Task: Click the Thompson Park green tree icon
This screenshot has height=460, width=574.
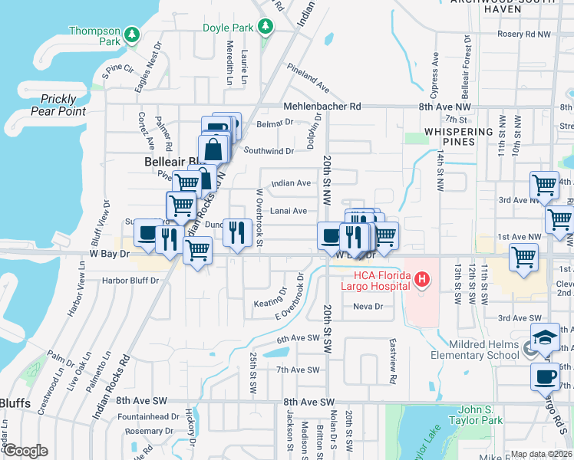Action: point(132,34)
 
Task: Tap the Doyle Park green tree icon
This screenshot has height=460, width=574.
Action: point(265,28)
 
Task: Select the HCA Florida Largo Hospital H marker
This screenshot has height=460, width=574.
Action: point(421,281)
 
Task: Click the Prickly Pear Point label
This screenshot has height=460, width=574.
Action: point(58,105)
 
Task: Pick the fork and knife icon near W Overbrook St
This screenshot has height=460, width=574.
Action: point(238,232)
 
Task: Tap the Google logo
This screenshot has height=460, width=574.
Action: point(25,450)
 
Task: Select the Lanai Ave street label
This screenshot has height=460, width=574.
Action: point(289,211)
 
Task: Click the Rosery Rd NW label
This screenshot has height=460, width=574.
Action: point(524,34)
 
